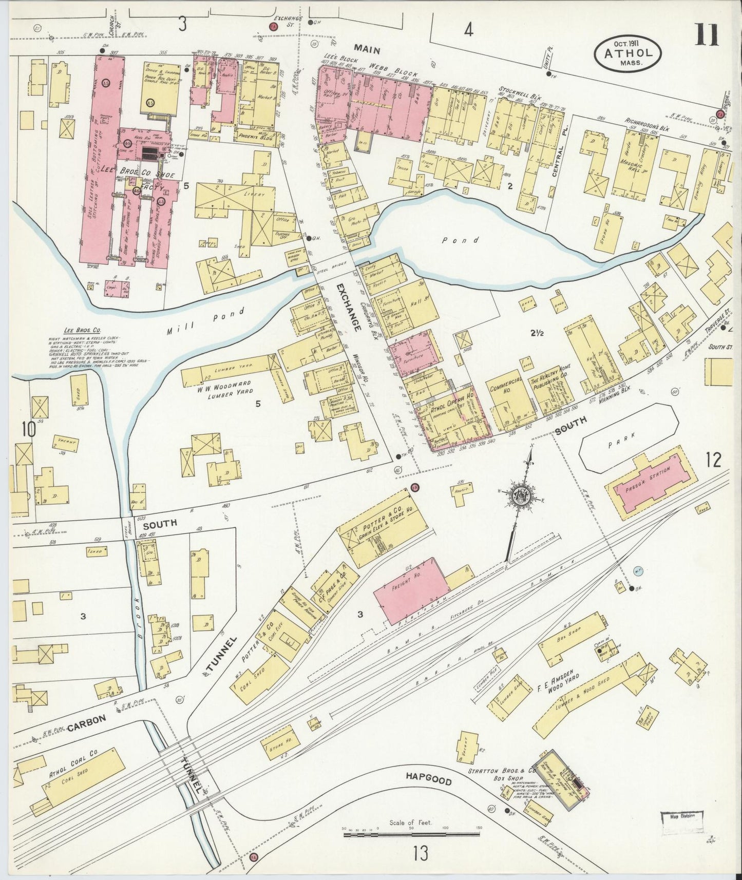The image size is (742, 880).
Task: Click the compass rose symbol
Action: [523, 496]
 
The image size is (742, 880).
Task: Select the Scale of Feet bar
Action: [411, 835]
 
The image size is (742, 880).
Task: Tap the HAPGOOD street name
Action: [429, 779]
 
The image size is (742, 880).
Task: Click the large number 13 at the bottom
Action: [420, 854]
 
